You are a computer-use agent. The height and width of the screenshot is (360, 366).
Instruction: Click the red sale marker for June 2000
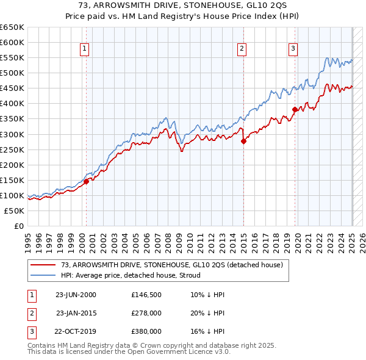pyautogui.click(x=87, y=181)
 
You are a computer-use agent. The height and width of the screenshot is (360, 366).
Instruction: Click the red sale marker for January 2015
pyautogui.click(x=243, y=141)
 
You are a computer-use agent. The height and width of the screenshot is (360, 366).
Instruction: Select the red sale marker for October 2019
pyautogui.click(x=295, y=110)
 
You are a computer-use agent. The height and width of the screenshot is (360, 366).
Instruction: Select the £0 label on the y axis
pyautogui.click(x=18, y=226)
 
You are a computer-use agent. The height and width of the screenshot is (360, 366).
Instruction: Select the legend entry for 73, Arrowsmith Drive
pyautogui.click(x=171, y=265)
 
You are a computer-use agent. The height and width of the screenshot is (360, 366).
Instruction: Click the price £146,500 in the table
pyautogui.click(x=146, y=295)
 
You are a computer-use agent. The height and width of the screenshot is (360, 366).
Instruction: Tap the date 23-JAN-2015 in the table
pyautogui.click(x=76, y=313)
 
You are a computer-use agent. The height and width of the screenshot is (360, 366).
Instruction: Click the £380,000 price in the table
pyautogui.click(x=146, y=331)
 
